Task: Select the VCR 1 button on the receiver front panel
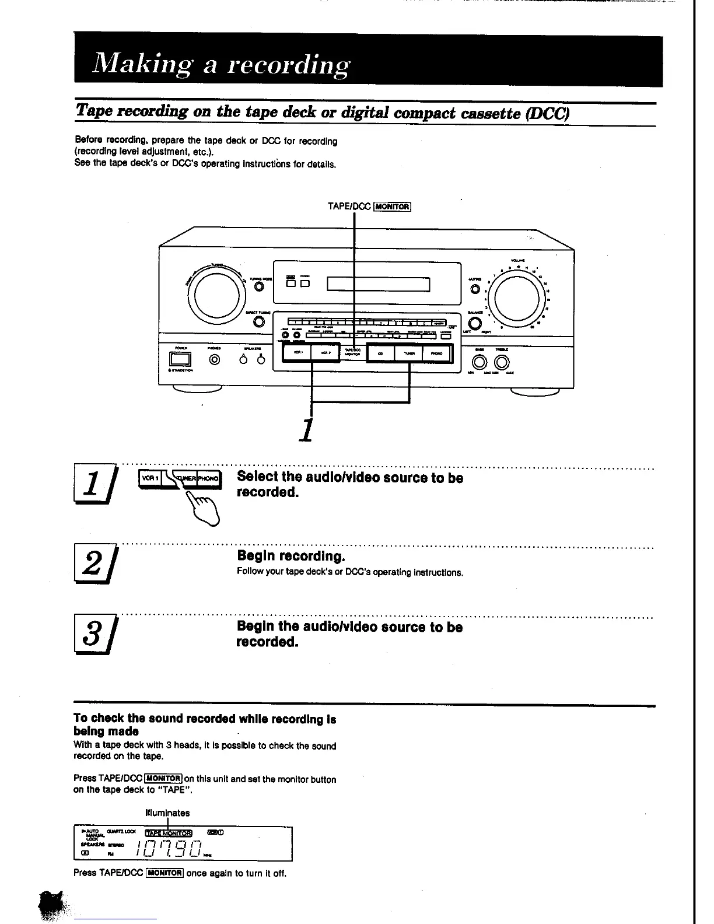297,352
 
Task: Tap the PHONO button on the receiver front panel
436,353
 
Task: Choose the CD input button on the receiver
380,353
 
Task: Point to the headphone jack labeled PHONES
215,359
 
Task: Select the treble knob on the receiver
500,362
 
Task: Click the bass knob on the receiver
480,362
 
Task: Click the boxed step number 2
93,563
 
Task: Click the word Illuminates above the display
167,813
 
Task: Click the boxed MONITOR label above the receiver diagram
393,206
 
